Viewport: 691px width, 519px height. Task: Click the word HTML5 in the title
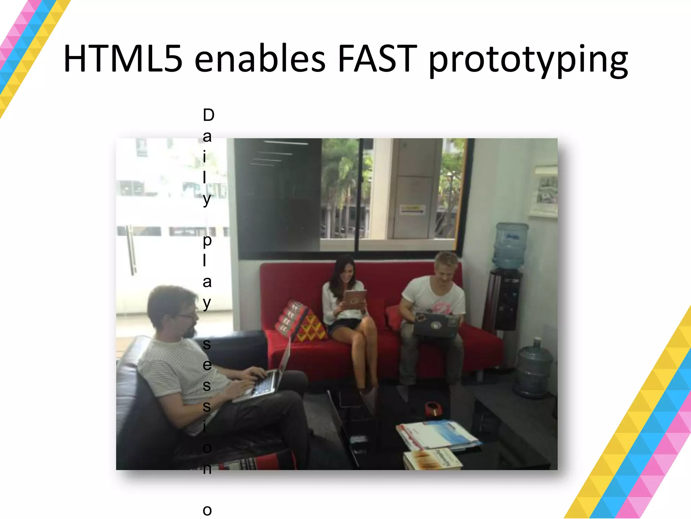coord(123,59)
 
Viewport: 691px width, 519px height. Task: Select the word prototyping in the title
coord(528,61)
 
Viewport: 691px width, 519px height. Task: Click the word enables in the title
coord(260,59)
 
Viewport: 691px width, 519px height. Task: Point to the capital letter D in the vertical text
coord(209,116)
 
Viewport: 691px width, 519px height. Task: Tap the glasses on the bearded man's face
coord(188,316)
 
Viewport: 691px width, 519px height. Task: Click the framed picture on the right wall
coord(544,191)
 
